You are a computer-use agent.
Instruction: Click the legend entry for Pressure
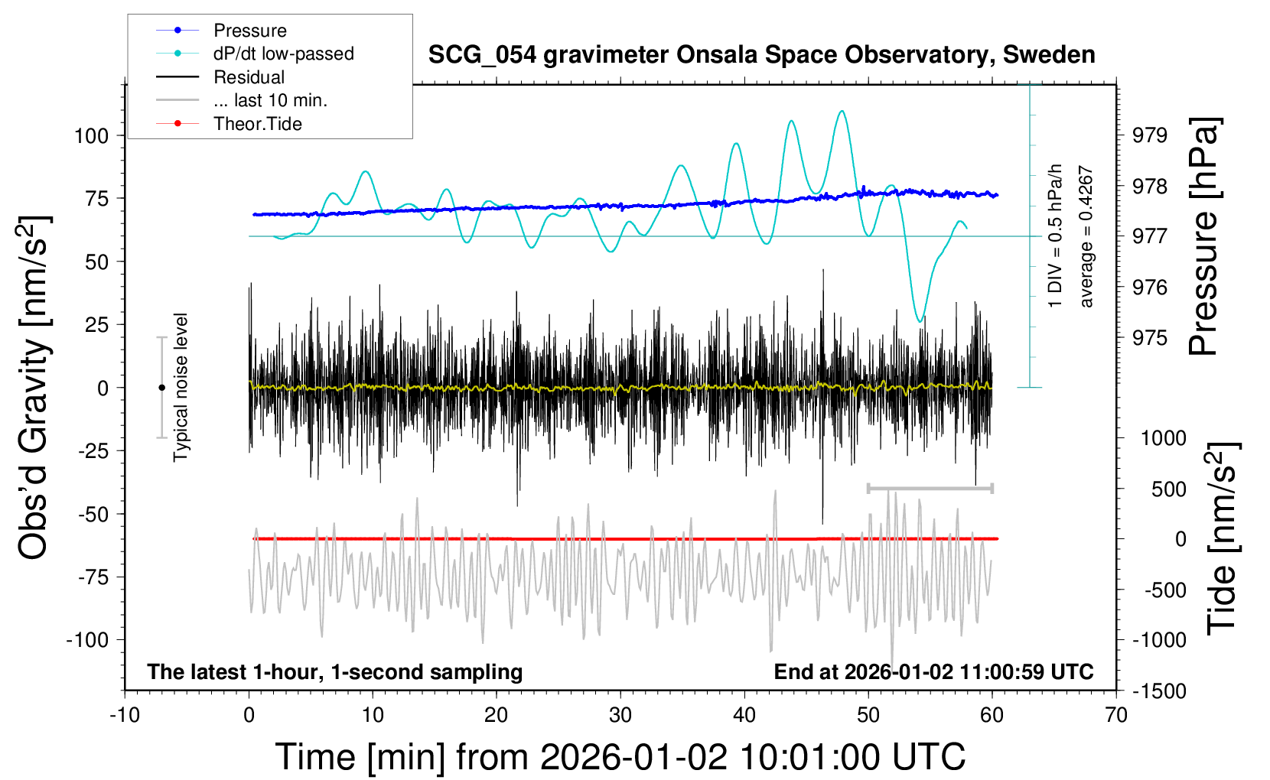click(x=249, y=31)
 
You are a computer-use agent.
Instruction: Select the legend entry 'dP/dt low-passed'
click(x=283, y=54)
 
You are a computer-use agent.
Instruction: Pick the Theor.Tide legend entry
click(x=257, y=124)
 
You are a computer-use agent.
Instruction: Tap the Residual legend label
click(x=249, y=77)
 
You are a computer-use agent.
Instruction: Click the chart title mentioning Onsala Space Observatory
click(x=761, y=55)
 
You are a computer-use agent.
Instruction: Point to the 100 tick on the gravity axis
click(x=92, y=136)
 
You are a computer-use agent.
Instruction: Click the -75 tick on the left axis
click(x=93, y=577)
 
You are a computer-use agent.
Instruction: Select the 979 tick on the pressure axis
click(x=1150, y=135)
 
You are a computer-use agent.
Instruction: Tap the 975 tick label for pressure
click(x=1150, y=338)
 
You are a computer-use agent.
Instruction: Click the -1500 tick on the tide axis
click(x=1159, y=691)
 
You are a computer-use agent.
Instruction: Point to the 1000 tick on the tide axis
click(x=1163, y=438)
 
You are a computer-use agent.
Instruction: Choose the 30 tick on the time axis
click(x=620, y=715)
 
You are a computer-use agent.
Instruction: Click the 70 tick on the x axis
click(x=1116, y=715)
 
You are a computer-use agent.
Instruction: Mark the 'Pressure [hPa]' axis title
click(x=1204, y=236)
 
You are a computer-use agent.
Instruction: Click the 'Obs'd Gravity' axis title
click(x=35, y=388)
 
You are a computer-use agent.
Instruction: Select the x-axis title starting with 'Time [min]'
click(x=620, y=757)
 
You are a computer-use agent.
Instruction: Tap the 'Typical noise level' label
click(x=181, y=387)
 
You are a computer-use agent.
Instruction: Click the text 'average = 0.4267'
click(x=1086, y=237)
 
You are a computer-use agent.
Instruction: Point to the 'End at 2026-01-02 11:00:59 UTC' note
click(x=933, y=672)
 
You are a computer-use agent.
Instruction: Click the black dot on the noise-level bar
click(x=161, y=388)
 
